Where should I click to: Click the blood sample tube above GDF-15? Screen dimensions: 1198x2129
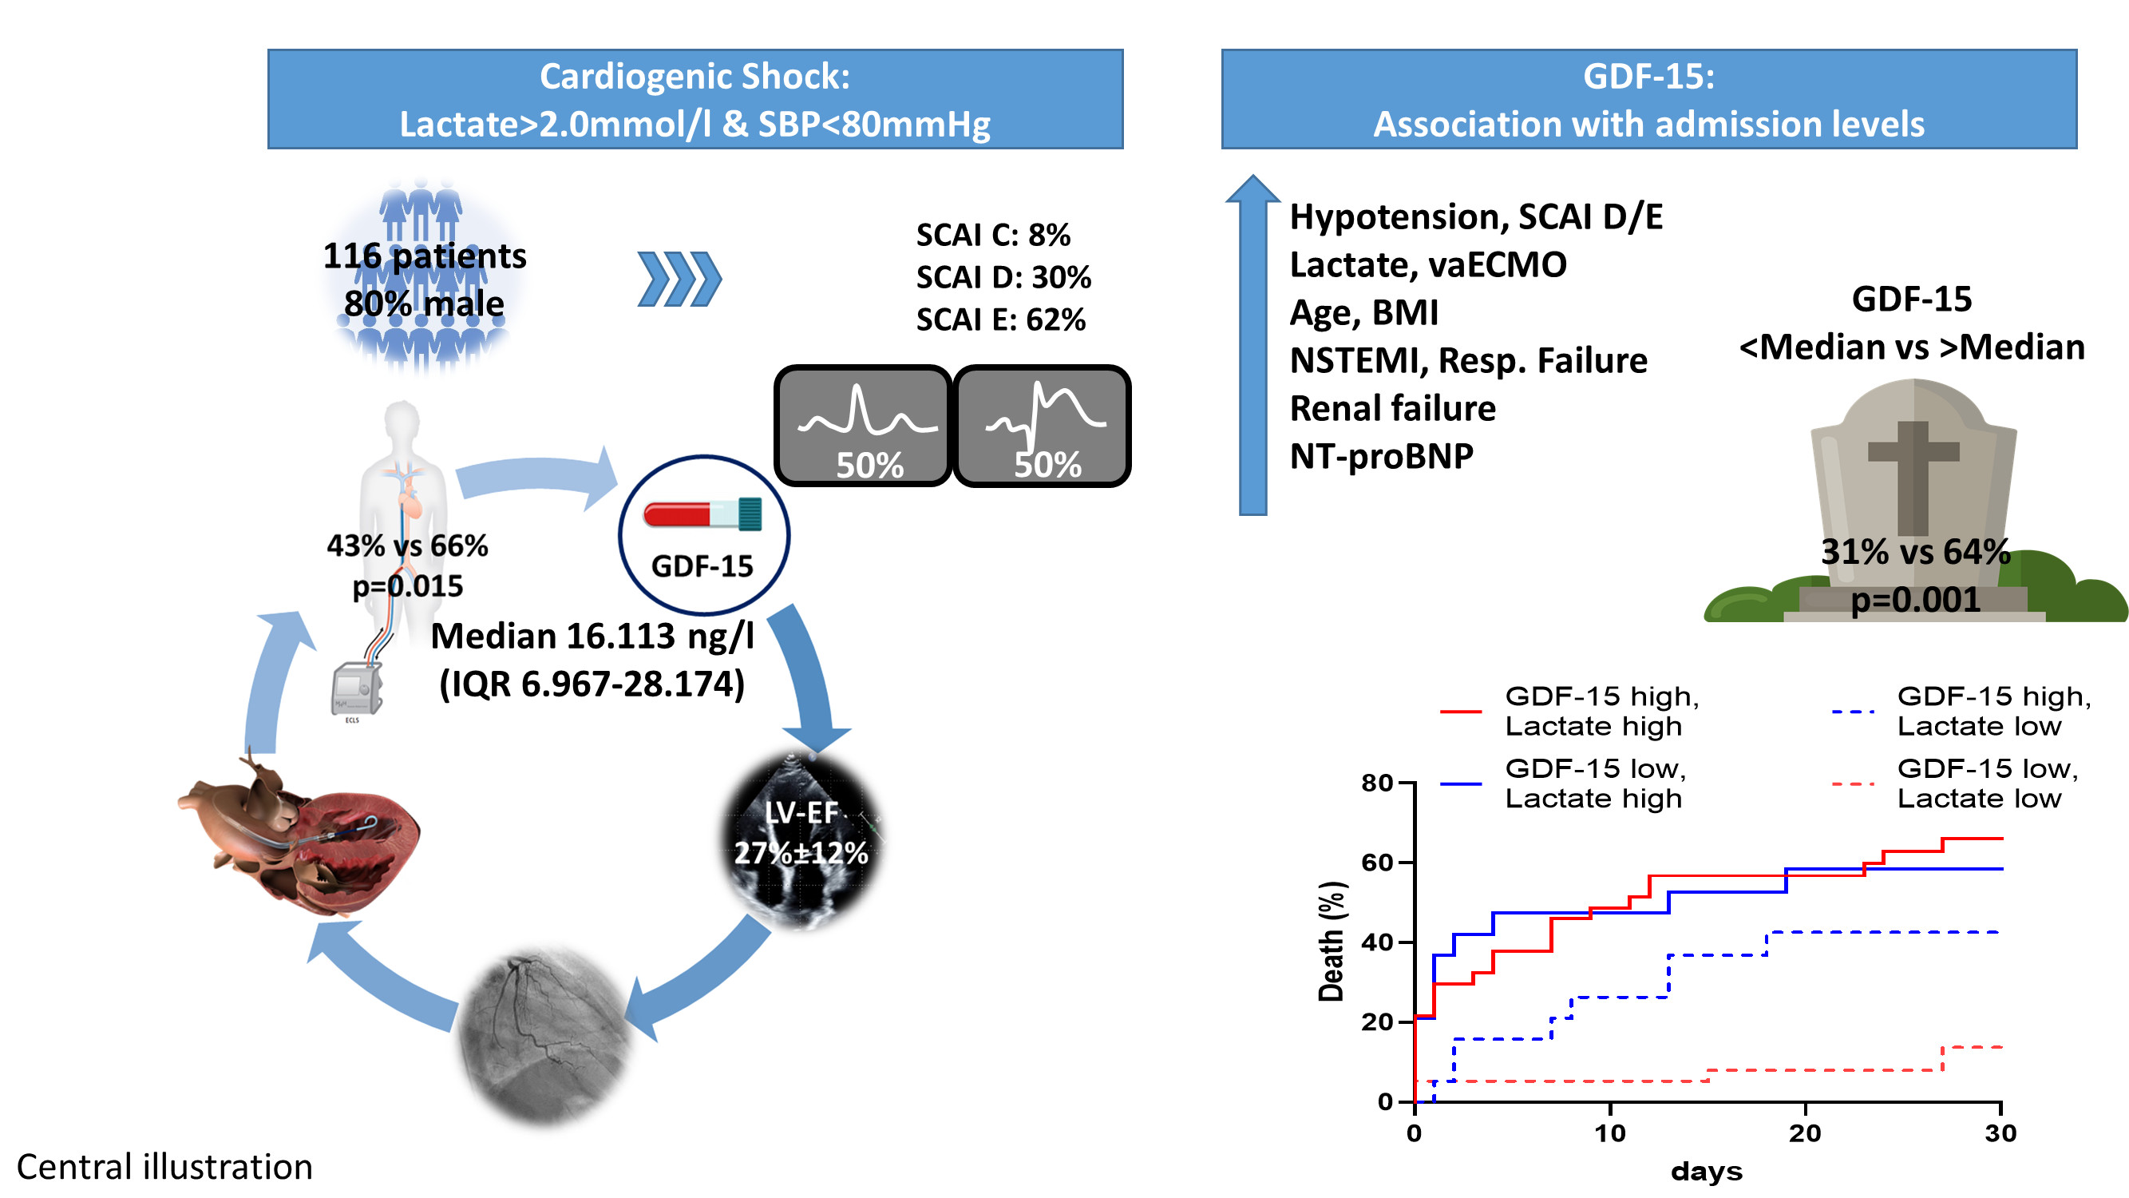tap(702, 514)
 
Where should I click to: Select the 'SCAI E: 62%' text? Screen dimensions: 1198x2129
tap(1000, 319)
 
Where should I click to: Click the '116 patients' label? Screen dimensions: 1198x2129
tap(424, 256)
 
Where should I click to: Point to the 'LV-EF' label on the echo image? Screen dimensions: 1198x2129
tap(800, 813)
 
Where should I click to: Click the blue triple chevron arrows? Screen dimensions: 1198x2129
tap(679, 279)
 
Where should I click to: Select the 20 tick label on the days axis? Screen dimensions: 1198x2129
tap(1804, 1133)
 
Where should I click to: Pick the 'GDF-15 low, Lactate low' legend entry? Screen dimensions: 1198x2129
tap(1986, 783)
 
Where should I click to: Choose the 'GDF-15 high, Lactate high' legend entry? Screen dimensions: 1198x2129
tap(1601, 711)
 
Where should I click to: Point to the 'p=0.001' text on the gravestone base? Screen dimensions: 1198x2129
tap(1915, 600)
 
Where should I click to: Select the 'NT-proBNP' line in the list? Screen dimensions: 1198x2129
tap(1381, 455)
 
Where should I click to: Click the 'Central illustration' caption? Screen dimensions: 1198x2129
tap(164, 1167)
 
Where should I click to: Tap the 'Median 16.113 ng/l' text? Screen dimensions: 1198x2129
tap(592, 636)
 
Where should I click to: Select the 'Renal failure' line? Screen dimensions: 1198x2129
tap(1393, 407)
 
